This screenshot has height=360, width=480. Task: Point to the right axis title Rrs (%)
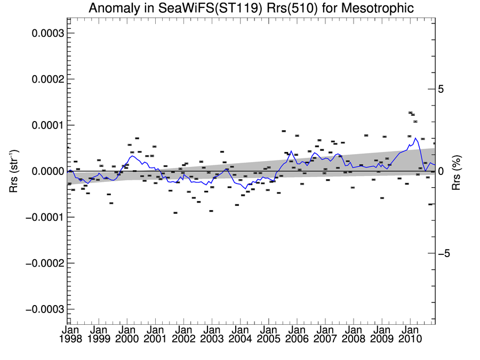(x=456, y=171)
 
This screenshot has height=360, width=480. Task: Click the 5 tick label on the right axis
(x=441, y=89)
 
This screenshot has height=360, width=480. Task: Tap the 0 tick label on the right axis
(x=441, y=171)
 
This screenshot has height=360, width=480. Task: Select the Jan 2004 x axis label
(x=239, y=334)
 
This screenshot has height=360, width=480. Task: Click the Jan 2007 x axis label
(x=324, y=334)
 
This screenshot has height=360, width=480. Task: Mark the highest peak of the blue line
(x=415, y=138)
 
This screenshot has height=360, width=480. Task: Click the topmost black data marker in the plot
(x=410, y=113)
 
